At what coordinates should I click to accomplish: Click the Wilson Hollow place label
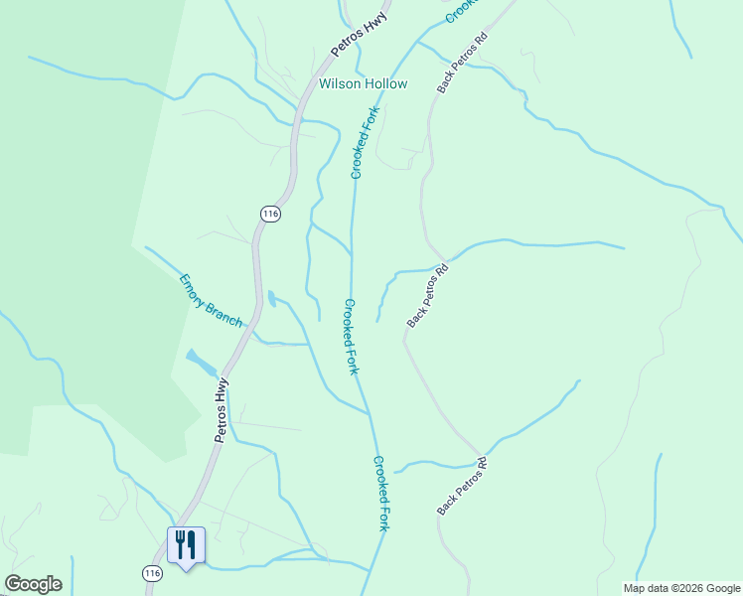click(363, 84)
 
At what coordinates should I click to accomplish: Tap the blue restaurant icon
click(186, 545)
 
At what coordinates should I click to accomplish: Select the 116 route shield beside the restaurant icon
click(151, 574)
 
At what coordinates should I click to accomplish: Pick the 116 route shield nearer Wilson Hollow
click(270, 214)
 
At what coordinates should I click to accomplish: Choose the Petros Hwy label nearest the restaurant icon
click(221, 409)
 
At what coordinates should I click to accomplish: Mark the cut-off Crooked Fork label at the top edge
click(461, 11)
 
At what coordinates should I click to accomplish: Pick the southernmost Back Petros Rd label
click(463, 487)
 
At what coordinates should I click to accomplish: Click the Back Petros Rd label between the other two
click(428, 296)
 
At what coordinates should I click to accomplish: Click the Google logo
click(33, 584)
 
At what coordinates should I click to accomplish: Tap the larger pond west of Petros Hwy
click(201, 363)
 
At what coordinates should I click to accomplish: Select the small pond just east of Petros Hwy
click(272, 297)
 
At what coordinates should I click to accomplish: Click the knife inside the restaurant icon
click(191, 544)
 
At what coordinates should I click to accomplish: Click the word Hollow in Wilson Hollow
click(385, 84)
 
